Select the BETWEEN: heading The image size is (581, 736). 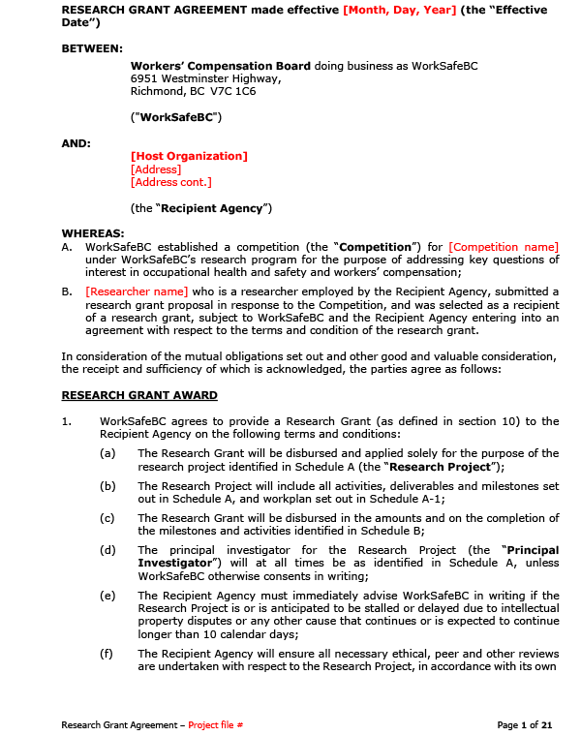[x=92, y=47]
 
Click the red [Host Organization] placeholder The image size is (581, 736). [x=189, y=156]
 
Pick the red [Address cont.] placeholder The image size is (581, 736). [x=170, y=182]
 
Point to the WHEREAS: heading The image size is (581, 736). [x=93, y=233]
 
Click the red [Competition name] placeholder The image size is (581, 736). [x=504, y=247]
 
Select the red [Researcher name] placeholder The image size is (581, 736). [x=137, y=291]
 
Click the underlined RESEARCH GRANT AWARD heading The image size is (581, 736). [x=139, y=395]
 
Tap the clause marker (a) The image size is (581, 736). [x=107, y=453]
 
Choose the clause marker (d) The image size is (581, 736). [x=107, y=550]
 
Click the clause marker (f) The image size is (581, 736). [x=107, y=654]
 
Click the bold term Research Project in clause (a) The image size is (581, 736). [x=437, y=466]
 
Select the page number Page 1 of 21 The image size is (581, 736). [x=524, y=724]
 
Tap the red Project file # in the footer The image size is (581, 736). [x=215, y=724]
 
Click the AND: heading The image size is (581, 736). [x=76, y=143]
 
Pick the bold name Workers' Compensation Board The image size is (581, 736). [x=221, y=66]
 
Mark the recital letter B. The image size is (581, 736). [x=66, y=291]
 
